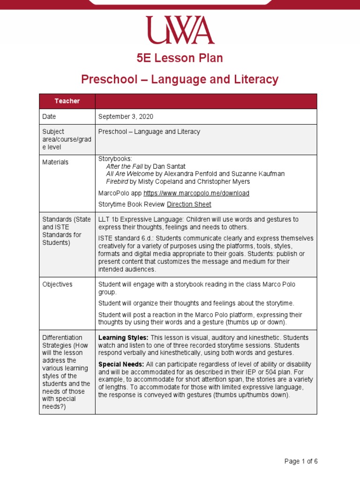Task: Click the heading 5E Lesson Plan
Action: click(x=180, y=58)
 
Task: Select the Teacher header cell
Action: click(x=67, y=101)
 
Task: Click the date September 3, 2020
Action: click(x=126, y=117)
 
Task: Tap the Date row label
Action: click(x=49, y=117)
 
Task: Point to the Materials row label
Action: click(x=55, y=162)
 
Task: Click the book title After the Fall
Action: click(x=124, y=166)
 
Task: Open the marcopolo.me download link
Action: click(x=196, y=193)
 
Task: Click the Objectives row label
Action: click(x=57, y=285)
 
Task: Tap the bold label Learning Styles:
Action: click(x=123, y=337)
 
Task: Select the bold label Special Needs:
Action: click(x=121, y=364)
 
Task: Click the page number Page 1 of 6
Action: click(x=301, y=461)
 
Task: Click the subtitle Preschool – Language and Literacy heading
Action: click(x=180, y=80)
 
